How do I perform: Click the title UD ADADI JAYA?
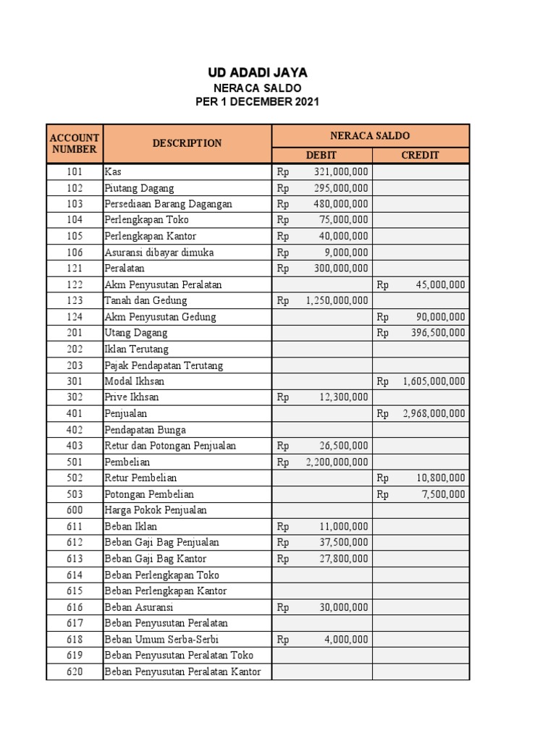[x=257, y=72]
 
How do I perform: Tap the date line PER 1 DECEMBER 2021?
[x=257, y=102]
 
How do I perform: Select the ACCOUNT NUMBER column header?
[x=74, y=143]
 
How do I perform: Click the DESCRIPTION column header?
[x=187, y=143]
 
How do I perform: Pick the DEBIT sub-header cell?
[x=321, y=155]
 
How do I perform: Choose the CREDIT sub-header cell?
[x=421, y=155]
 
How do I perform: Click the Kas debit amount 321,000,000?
[x=341, y=172]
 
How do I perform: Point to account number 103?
[x=74, y=204]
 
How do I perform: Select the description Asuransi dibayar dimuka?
[x=159, y=253]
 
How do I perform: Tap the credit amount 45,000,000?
[x=440, y=284]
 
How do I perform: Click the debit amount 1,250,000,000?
[x=337, y=300]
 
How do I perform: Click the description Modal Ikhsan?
[x=134, y=381]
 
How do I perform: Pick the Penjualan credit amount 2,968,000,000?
[x=434, y=413]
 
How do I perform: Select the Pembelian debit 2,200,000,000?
[x=337, y=462]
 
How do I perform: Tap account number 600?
[x=74, y=510]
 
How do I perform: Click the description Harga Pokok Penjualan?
[x=155, y=510]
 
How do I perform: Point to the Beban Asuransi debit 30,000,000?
[x=343, y=607]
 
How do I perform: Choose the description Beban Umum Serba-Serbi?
[x=161, y=640]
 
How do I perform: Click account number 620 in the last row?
[x=74, y=672]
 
